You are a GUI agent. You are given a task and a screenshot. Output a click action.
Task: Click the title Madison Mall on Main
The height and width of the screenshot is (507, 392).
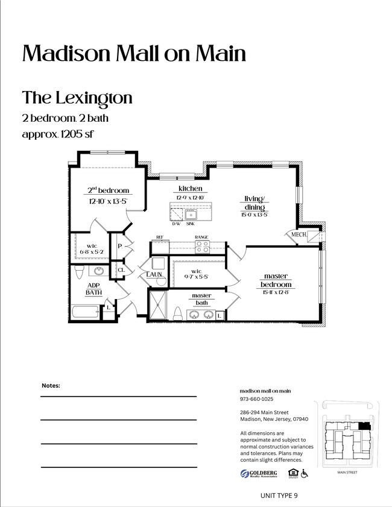click(x=134, y=54)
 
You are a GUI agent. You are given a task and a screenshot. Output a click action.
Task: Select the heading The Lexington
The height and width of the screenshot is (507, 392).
click(x=77, y=97)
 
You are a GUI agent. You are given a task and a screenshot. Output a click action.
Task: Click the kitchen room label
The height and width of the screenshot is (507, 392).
click(x=190, y=189)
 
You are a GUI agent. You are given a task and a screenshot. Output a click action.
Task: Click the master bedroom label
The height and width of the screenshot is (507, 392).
click(x=276, y=280)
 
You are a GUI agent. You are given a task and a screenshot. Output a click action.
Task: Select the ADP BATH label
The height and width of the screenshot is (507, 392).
click(x=93, y=289)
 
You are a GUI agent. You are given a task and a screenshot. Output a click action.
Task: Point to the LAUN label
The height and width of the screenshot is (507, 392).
click(x=154, y=275)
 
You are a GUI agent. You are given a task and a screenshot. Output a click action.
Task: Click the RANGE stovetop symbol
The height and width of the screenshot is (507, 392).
click(x=202, y=247)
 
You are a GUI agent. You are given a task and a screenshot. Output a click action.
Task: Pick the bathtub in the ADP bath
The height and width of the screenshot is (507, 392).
click(x=85, y=313)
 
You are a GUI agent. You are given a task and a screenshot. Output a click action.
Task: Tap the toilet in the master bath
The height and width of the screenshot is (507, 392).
click(x=178, y=313)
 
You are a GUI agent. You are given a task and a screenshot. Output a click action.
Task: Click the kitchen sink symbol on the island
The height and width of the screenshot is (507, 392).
click(x=192, y=215)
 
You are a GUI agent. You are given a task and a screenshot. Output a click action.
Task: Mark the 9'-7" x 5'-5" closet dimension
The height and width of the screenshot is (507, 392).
click(x=196, y=278)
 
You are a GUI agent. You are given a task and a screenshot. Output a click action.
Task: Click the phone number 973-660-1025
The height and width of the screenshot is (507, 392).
click(x=256, y=399)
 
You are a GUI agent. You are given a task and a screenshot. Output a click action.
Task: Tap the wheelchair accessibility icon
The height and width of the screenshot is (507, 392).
click(x=305, y=474)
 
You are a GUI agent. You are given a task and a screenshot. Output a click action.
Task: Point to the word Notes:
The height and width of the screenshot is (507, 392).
click(x=51, y=385)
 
